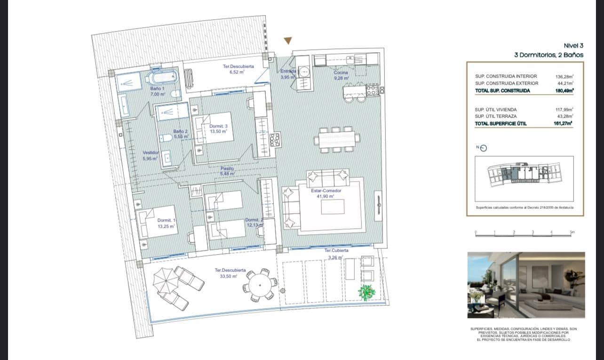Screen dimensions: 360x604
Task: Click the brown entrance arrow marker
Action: click(x=288, y=41)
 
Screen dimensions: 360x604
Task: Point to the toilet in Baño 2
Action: click(x=165, y=138)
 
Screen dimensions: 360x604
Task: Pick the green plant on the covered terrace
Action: click(x=366, y=292)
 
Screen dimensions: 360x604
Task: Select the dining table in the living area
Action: click(x=336, y=139)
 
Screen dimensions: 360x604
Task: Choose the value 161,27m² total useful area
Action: click(x=564, y=124)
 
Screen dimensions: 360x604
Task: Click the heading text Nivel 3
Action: click(x=573, y=46)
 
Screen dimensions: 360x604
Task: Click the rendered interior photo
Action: click(x=526, y=285)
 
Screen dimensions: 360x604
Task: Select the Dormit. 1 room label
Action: click(x=167, y=223)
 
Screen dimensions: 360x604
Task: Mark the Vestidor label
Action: click(x=151, y=156)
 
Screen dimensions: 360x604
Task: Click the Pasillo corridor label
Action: click(x=227, y=171)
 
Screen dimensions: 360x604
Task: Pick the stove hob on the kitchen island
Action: click(x=372, y=89)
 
